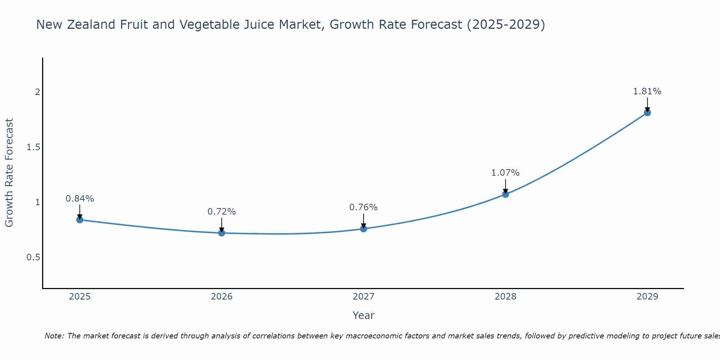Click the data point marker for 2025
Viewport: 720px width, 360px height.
coord(80,220)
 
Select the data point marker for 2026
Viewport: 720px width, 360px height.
coord(222,233)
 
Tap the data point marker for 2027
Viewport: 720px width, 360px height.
coord(364,229)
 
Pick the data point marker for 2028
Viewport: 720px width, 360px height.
coord(505,194)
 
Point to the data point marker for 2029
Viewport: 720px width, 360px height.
coord(647,113)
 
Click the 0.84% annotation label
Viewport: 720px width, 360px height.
coord(80,199)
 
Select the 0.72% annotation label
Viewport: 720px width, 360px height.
coord(222,212)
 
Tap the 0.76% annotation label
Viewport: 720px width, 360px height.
coord(364,207)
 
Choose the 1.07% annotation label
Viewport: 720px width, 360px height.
coord(505,173)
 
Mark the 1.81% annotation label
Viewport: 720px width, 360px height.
coord(647,91)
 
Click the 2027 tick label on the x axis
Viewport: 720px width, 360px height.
coord(364,297)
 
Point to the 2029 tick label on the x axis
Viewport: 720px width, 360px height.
coord(647,297)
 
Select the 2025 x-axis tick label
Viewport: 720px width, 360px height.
coord(80,297)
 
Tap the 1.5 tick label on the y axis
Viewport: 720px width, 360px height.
coord(33,147)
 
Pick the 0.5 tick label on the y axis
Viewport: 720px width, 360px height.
coord(33,257)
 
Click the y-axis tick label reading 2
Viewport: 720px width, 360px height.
coord(37,92)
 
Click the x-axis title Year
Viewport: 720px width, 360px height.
coord(364,315)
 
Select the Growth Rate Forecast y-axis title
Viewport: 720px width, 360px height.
coord(9,173)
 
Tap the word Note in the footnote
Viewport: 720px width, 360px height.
coord(54,336)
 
